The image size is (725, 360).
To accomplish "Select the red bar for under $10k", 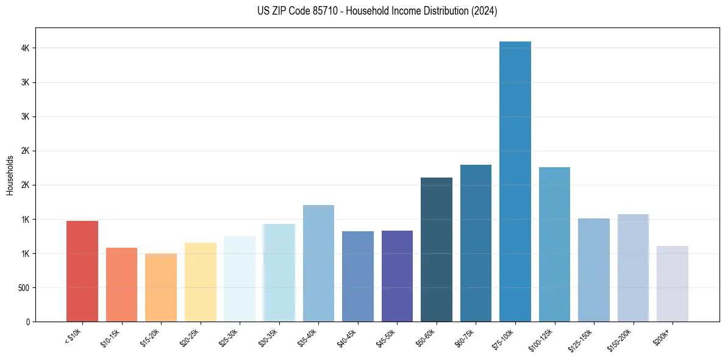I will (x=82, y=271).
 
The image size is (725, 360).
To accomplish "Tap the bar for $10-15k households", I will (x=121, y=284).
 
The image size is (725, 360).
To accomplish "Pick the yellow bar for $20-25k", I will (x=200, y=282).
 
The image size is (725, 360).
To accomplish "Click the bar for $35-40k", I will (x=318, y=263).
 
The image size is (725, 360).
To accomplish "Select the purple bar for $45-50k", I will (x=397, y=276).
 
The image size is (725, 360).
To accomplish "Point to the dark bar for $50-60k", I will (x=437, y=250).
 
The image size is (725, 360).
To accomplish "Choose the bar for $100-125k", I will (x=554, y=244).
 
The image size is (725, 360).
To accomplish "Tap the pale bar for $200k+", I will (x=673, y=284).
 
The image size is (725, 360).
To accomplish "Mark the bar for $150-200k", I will (x=633, y=268).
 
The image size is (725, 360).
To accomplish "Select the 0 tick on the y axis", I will (x=27, y=322).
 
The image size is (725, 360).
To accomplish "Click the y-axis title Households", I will (x=10, y=175).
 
